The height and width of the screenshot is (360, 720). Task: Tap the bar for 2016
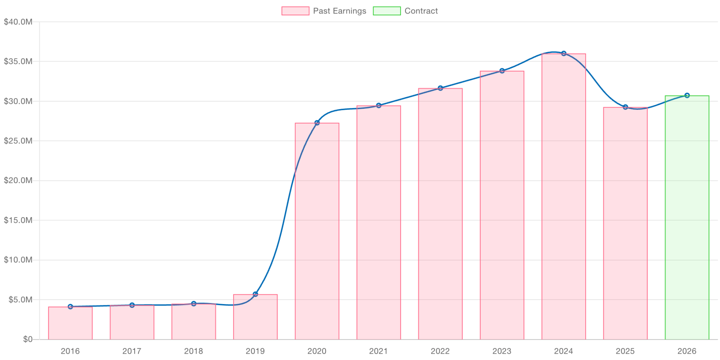point(70,323)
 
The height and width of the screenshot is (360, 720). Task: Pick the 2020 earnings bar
point(317,231)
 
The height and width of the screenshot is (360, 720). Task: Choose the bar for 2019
point(255,316)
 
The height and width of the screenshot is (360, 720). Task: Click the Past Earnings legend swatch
point(295,11)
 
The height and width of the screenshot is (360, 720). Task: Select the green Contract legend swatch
point(387,11)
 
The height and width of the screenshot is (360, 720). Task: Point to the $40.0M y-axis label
point(18,22)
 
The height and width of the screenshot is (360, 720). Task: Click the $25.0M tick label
point(18,141)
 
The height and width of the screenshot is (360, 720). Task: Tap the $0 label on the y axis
point(27,339)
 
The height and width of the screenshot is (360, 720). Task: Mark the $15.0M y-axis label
point(18,220)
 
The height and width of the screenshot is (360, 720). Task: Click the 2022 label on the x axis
point(440,351)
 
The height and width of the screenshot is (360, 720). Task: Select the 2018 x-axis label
point(193,351)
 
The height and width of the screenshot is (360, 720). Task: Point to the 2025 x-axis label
point(625,351)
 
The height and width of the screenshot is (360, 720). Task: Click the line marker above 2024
point(563,53)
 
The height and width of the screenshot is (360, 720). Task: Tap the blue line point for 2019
point(255,294)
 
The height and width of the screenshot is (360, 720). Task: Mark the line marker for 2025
point(625,107)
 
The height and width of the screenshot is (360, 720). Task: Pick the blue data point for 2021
point(378,105)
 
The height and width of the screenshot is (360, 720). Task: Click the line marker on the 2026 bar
point(687,95)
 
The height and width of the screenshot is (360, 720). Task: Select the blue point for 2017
point(132,305)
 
